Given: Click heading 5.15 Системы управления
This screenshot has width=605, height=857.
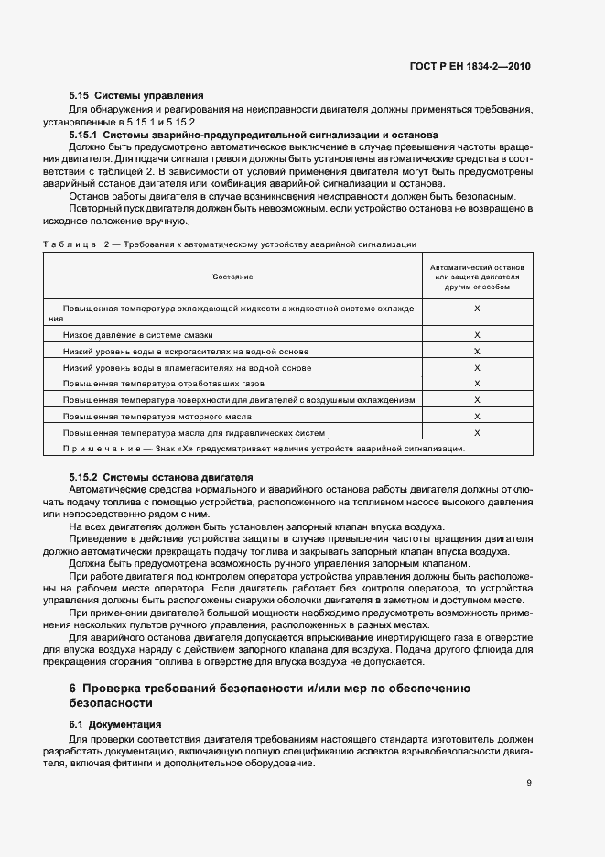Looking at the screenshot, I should pyautogui.click(x=135, y=95).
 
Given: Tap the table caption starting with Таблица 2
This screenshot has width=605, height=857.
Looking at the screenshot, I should pyautogui.click(x=230, y=244).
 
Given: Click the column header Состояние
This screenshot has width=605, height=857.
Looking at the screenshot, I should pyautogui.click(x=232, y=276).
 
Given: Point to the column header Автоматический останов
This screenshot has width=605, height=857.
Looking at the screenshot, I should pyautogui.click(x=477, y=276).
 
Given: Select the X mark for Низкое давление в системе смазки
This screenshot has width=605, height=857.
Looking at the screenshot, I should pyautogui.click(x=477, y=336).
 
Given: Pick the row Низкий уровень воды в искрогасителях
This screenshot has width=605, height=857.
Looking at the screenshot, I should pyautogui.click(x=186, y=352).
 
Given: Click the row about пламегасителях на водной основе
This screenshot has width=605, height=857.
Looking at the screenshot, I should pyautogui.click(x=188, y=368).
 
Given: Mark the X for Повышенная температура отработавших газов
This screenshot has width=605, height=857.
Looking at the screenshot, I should pyautogui.click(x=477, y=384).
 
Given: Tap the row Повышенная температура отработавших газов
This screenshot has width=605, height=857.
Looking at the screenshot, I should pyautogui.click(x=164, y=384).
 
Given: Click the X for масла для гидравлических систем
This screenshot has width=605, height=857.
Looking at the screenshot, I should pyautogui.click(x=477, y=432).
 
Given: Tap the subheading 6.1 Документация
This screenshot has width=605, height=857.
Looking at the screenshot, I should pyautogui.click(x=115, y=724).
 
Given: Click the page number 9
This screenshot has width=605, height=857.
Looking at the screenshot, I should pyautogui.click(x=529, y=783).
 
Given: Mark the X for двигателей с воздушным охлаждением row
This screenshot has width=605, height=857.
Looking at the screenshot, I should pyautogui.click(x=477, y=400).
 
